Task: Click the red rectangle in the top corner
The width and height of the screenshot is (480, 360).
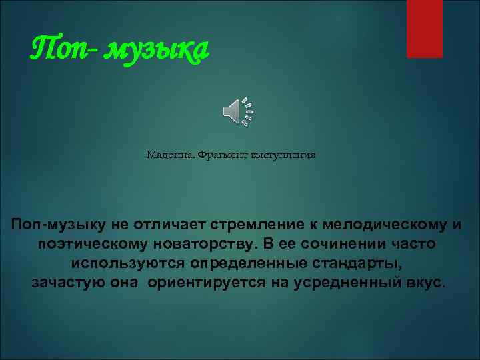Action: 424,28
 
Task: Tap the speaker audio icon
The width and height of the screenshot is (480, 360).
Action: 237,111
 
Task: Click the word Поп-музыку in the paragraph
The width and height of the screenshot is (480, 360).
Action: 54,225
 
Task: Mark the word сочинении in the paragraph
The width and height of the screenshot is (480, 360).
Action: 341,244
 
